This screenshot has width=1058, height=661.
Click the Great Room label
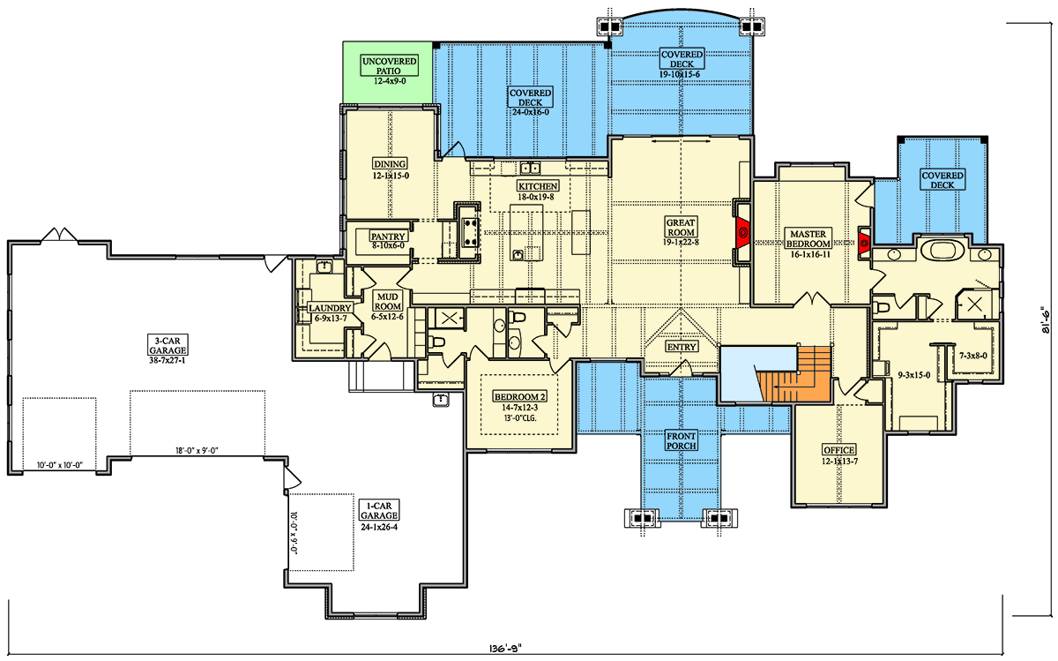[682, 230]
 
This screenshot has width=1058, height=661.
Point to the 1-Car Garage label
[379, 510]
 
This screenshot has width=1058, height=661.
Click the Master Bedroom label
[808, 238]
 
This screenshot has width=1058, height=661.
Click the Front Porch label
[682, 440]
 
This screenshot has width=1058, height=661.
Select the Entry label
[682, 347]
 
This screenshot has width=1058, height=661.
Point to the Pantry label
[387, 237]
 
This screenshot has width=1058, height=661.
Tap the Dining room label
[389, 164]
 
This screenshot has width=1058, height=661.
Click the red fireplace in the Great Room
[742, 233]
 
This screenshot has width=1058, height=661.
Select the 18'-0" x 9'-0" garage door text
[197, 450]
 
